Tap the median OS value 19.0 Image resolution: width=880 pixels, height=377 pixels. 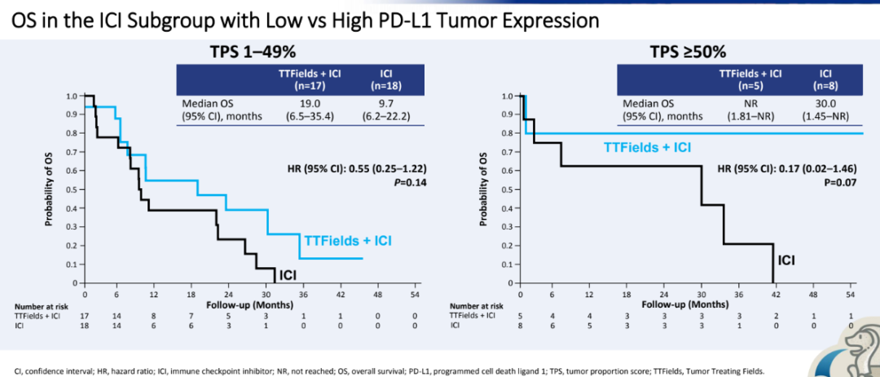(x=309, y=103)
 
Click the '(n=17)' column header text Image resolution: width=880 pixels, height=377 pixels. (x=309, y=85)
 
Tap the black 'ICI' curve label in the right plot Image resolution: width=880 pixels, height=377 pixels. (x=786, y=261)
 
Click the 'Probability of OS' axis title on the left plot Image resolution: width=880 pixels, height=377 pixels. (x=51, y=189)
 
